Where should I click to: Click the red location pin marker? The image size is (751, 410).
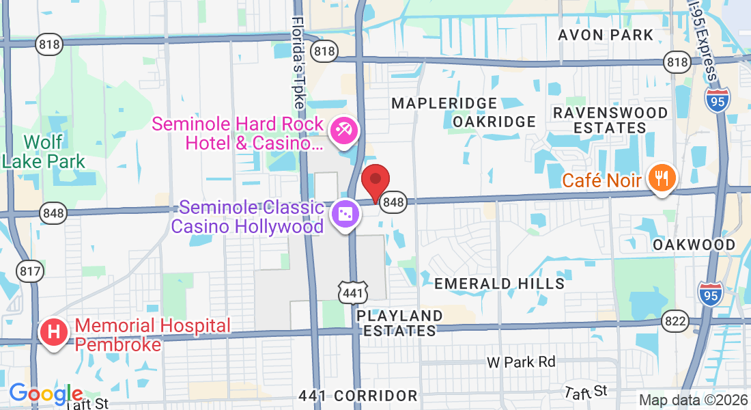click(375, 181)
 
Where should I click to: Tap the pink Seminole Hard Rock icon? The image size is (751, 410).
click(343, 131)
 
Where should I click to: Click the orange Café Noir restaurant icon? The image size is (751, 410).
click(662, 178)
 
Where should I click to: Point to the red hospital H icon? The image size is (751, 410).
click(55, 333)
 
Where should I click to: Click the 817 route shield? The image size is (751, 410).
click(31, 271)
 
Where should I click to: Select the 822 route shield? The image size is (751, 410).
click(675, 320)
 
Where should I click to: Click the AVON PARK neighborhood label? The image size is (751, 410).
click(606, 35)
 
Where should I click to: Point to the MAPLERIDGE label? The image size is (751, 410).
click(444, 103)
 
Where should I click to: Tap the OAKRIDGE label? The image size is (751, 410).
click(494, 122)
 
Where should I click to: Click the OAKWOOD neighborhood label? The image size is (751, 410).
click(694, 245)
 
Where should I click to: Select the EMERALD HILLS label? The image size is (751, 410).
click(500, 283)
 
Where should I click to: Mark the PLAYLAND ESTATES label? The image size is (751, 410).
click(399, 323)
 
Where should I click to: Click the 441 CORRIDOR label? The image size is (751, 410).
click(358, 396)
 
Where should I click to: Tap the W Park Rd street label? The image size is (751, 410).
click(521, 361)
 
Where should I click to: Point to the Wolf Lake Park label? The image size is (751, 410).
click(43, 152)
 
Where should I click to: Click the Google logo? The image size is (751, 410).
click(46, 394)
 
